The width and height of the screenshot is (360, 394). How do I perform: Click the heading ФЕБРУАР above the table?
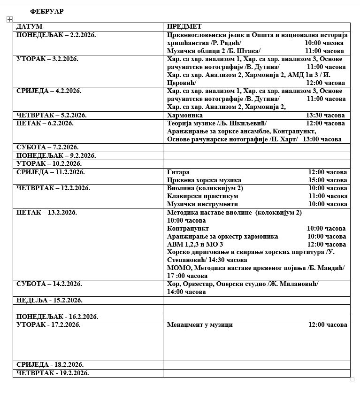coord(46,11)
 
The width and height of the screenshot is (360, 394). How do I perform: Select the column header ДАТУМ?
coord(29,27)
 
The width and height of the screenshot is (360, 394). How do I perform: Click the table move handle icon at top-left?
coord(9,19)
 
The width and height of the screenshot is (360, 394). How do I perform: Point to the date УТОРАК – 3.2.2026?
coord(47,59)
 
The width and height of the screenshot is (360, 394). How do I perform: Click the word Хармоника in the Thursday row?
coord(185,115)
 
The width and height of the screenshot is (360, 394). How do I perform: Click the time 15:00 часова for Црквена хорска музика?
coord(328,180)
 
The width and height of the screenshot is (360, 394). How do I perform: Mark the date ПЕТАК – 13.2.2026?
coord(46,213)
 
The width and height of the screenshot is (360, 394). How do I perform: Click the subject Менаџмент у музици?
coord(200,325)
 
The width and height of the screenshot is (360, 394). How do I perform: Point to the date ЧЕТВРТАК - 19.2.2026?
coord(53,373)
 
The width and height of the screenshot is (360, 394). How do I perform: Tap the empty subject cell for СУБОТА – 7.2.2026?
coord(256,147)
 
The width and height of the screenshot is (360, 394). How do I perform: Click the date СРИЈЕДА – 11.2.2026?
coord(51,172)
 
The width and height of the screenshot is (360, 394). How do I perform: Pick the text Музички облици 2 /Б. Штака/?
coord(214,51)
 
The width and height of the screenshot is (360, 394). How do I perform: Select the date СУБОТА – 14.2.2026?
coord(49,284)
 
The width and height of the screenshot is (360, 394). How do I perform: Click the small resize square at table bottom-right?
coord(352,379)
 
